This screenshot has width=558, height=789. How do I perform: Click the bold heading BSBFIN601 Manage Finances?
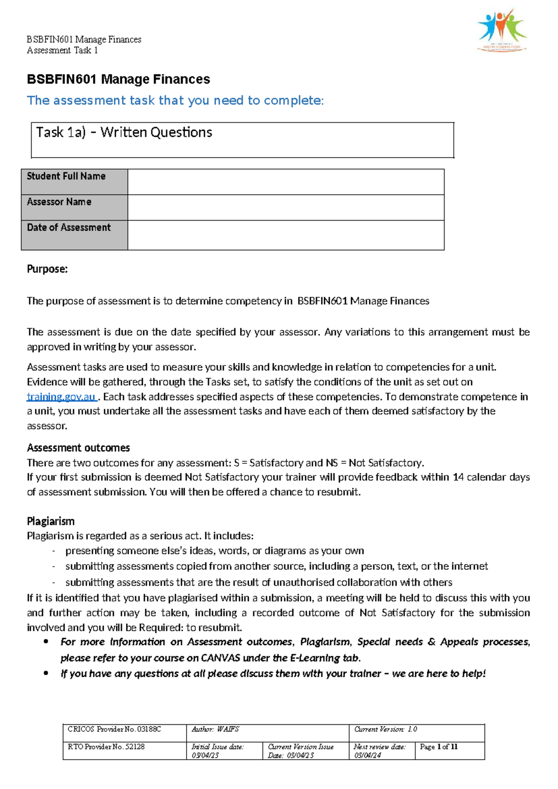[118, 80]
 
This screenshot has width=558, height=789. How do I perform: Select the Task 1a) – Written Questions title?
[124, 133]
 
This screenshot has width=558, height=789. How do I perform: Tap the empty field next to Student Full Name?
[286, 182]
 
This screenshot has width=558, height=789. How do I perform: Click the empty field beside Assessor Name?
[286, 207]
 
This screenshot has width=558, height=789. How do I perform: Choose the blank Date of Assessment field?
[286, 235]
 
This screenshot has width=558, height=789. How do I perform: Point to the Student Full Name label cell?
[74, 182]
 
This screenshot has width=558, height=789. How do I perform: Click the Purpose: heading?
[47, 269]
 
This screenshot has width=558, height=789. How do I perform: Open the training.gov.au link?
[61, 397]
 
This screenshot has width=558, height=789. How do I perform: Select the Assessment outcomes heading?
[78, 448]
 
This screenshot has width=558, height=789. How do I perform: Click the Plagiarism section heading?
[50, 521]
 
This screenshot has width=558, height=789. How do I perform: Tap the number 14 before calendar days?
[458, 477]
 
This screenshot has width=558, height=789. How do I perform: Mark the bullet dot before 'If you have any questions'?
[46, 673]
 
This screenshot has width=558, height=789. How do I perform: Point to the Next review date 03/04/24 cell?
[381, 750]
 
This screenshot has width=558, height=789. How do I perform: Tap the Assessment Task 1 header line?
[62, 50]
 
